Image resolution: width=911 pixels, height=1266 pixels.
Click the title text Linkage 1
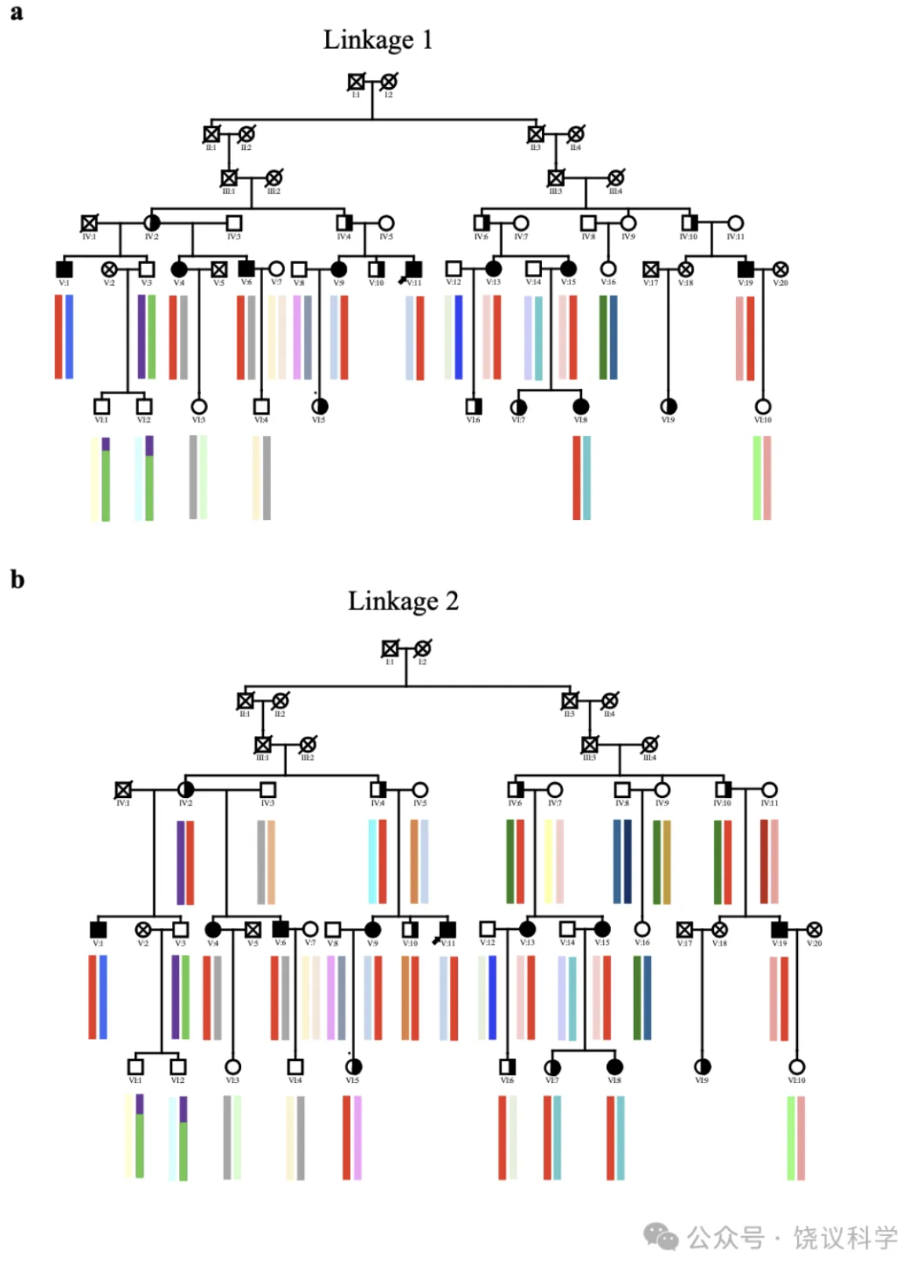point(378,39)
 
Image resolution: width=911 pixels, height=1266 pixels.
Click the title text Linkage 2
point(403,601)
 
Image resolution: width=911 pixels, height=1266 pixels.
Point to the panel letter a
point(16,12)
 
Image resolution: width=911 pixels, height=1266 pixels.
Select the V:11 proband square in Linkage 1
point(414,269)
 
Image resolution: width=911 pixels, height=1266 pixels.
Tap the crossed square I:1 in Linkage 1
point(356,82)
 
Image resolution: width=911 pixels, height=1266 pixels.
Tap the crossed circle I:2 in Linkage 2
point(423,649)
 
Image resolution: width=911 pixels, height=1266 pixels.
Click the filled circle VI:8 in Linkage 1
point(580,406)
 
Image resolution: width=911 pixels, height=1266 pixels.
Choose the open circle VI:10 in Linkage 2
point(796,1067)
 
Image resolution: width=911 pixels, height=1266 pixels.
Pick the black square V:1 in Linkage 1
point(64,269)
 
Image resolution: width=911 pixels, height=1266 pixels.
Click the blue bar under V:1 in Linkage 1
point(70,336)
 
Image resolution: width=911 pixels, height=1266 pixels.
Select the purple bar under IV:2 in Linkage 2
point(181,862)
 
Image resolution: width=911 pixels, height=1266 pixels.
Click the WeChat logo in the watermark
point(660,1236)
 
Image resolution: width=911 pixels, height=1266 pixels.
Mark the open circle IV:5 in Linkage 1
point(386,223)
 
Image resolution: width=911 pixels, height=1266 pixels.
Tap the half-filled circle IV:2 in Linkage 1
point(152,223)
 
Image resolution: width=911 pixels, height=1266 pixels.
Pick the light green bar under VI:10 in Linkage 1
point(757,477)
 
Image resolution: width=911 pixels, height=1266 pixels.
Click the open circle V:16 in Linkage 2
point(642,930)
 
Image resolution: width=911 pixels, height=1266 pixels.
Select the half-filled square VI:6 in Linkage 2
point(507,1067)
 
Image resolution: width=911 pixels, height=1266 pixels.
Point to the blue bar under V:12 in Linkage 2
point(492,997)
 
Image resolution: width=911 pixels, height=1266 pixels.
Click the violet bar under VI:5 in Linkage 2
point(357,1138)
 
